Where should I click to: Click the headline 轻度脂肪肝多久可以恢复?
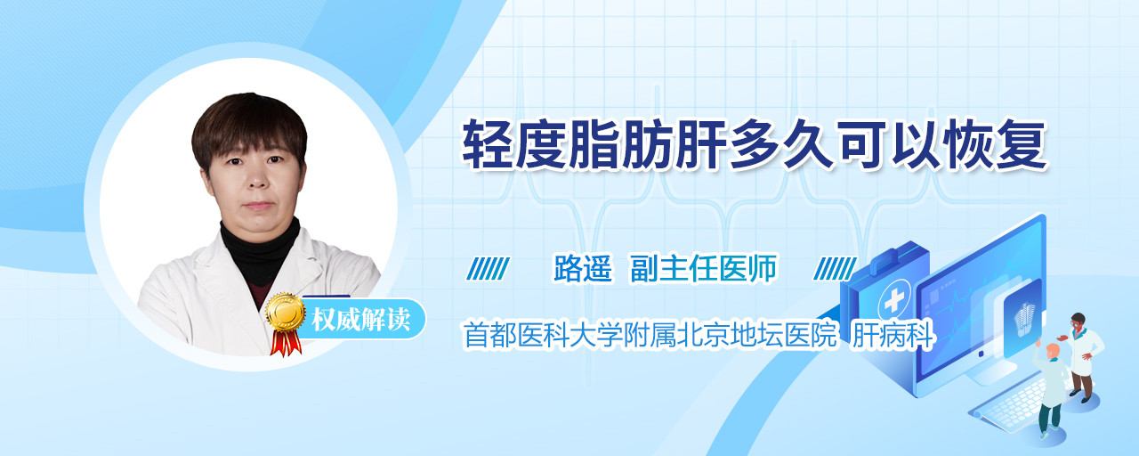[755, 144]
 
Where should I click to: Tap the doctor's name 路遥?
[583, 268]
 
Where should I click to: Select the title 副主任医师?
[704, 268]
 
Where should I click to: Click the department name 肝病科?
[893, 335]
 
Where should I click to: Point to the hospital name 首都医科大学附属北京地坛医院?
[650, 335]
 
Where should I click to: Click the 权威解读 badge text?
[361, 320]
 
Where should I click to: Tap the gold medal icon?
[286, 312]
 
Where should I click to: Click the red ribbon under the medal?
[286, 343]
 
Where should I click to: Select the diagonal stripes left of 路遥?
[489, 269]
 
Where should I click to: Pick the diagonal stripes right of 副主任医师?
[835, 269]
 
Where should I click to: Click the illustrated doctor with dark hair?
[1082, 357]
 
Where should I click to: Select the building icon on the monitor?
[1024, 319]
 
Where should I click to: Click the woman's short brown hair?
[249, 130]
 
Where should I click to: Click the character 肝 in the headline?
[699, 144]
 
